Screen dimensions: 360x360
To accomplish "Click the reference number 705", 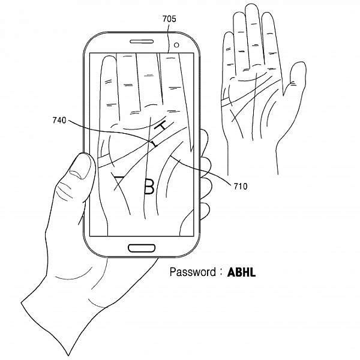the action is click(x=169, y=19).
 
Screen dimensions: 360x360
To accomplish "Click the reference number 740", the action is click(x=59, y=121).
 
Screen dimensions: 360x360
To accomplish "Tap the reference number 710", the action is click(x=241, y=186).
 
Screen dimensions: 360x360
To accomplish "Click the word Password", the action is click(x=193, y=272).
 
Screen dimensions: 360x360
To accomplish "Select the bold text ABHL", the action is click(x=241, y=272).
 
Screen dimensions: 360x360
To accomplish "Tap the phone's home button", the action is click(x=142, y=248).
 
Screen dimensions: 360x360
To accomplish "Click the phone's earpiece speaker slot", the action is click(x=142, y=41).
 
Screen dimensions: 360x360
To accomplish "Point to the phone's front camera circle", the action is click(x=176, y=45).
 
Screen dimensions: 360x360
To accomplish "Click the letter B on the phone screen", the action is click(x=149, y=186).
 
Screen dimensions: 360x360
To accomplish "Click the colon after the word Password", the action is click(x=221, y=272).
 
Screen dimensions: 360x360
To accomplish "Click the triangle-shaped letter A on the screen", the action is click(x=118, y=182).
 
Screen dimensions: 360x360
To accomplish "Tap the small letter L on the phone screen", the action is click(x=154, y=143).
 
